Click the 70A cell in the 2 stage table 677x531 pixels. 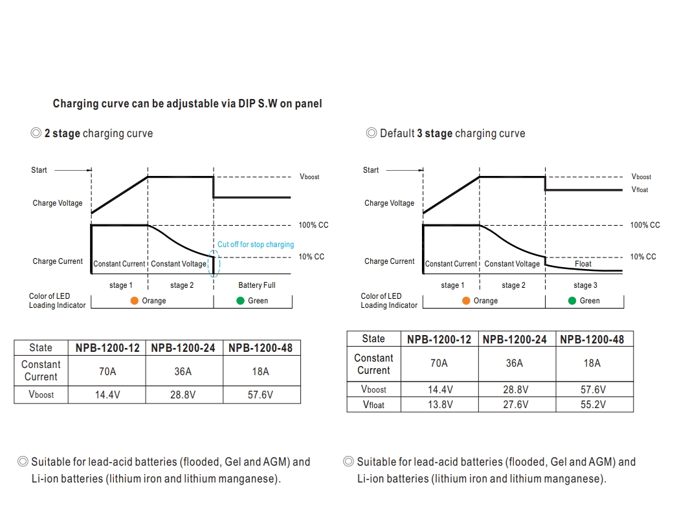coord(107,372)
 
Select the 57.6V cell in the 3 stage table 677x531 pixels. coord(592,389)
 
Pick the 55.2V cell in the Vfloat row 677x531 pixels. coord(592,404)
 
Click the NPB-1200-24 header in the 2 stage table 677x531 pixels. coord(183,348)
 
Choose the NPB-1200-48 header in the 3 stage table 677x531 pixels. coord(592,339)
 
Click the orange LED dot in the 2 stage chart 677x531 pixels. coord(135,301)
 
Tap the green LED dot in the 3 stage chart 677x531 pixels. coord(572,301)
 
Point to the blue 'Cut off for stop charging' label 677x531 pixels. coord(255,244)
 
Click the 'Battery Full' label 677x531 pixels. coord(256,285)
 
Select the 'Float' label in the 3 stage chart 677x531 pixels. coord(583,264)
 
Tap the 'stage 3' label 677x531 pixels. coord(585,285)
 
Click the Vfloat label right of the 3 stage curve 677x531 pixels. coord(639,190)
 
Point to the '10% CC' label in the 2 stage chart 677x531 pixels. coord(311,257)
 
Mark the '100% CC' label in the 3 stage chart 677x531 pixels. coord(645,225)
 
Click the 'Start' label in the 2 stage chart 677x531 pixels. coord(39,170)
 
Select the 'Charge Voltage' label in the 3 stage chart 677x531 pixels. coord(389,203)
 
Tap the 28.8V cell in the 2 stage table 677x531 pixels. coord(183,395)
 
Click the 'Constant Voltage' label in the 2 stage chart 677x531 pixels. coord(179,264)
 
